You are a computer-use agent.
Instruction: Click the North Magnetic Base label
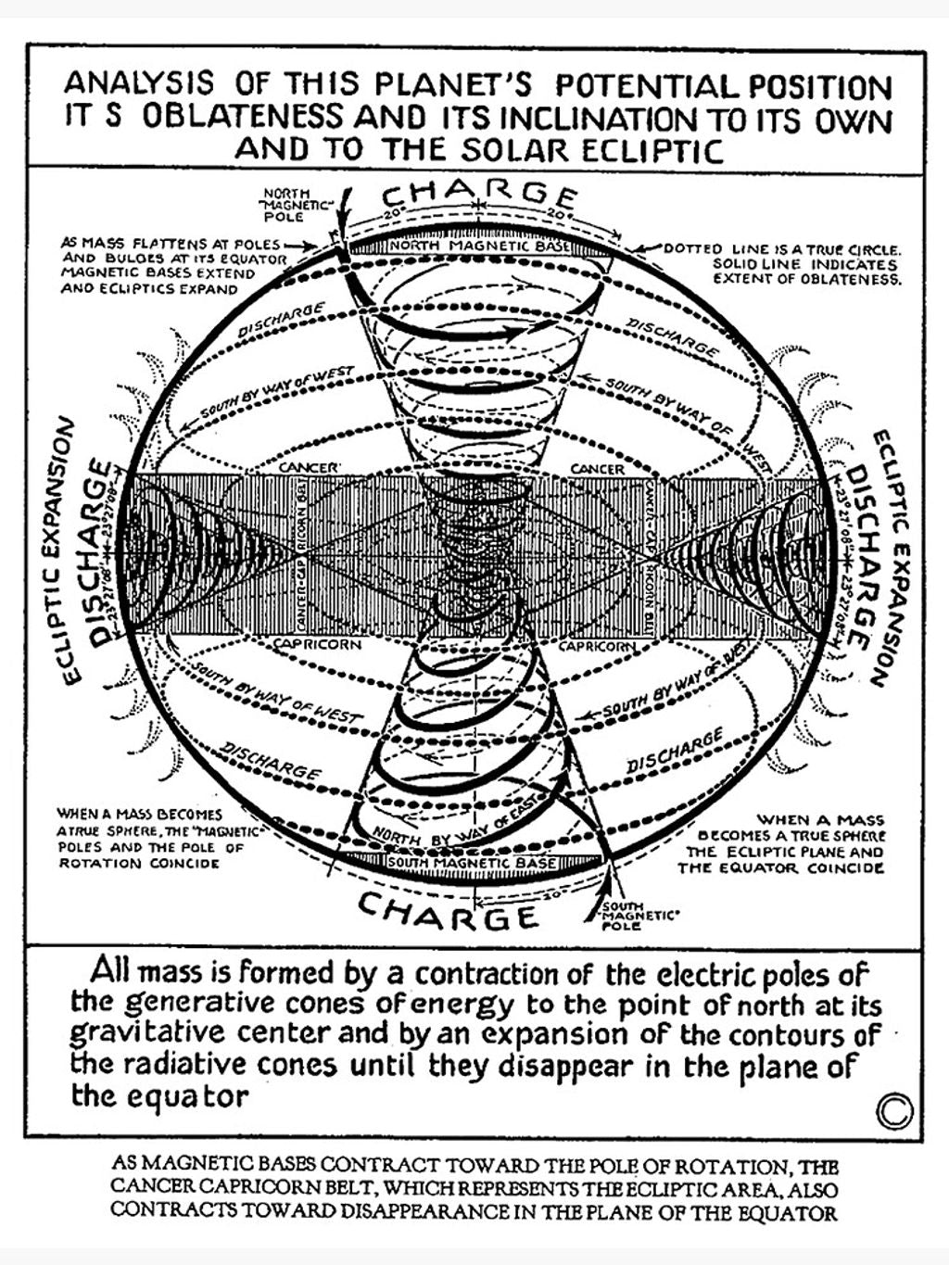479,247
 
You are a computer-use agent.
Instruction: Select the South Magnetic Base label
472,863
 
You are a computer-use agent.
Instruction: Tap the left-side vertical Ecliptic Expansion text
68,550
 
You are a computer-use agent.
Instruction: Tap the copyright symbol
892,1112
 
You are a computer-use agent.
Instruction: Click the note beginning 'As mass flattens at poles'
174,266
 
